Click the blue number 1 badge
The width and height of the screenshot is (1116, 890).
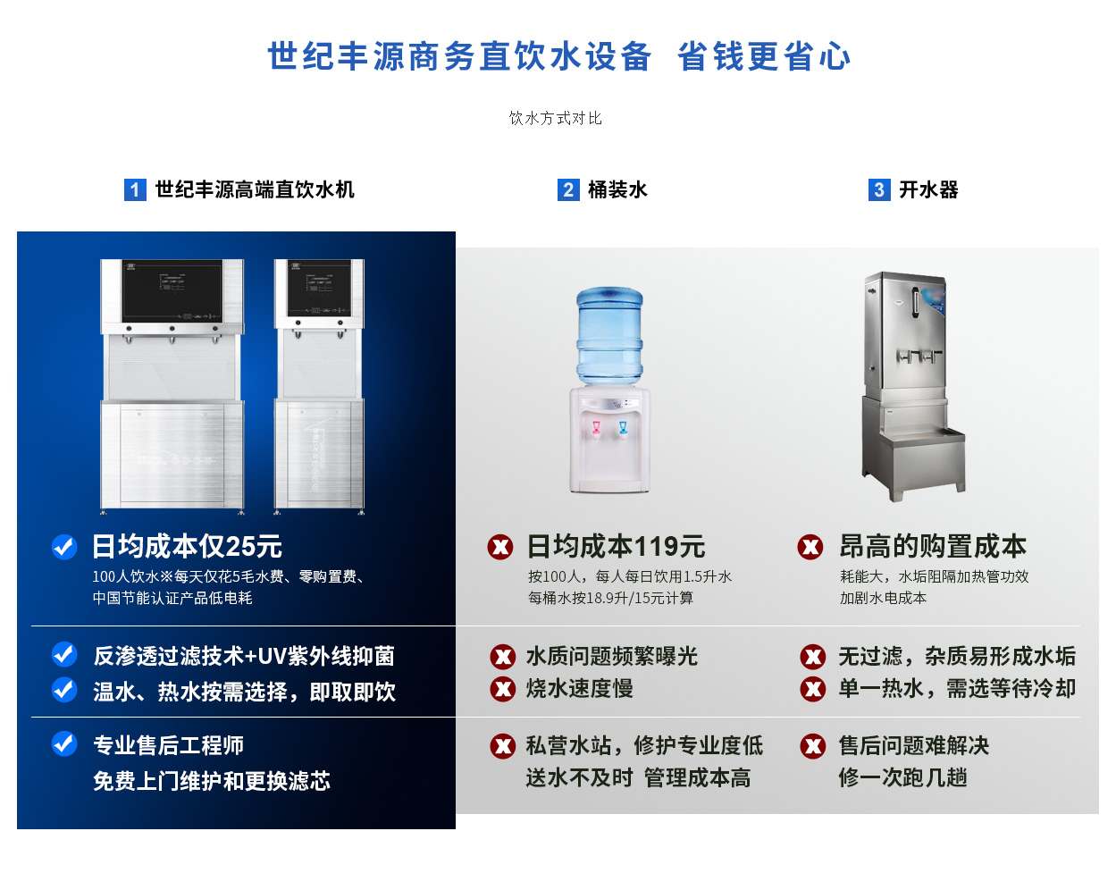click(x=135, y=189)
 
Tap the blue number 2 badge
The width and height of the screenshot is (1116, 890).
click(x=568, y=189)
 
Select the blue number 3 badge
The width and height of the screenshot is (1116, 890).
click(x=879, y=189)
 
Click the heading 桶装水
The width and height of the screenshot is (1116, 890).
click(x=617, y=189)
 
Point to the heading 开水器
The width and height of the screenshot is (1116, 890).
click(x=928, y=189)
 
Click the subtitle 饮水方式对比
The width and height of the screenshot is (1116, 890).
click(x=556, y=118)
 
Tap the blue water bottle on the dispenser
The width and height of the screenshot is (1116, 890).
click(x=610, y=336)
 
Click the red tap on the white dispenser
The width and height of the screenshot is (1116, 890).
click(x=596, y=430)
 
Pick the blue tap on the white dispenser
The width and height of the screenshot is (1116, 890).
click(x=622, y=430)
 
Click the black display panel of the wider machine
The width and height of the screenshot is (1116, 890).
click(x=172, y=291)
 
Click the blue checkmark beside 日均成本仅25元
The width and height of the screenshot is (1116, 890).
click(x=64, y=547)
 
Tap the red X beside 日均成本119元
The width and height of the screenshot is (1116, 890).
click(x=500, y=547)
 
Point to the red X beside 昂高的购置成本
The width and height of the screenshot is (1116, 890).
click(x=810, y=547)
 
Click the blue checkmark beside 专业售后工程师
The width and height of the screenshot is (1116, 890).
click(x=64, y=744)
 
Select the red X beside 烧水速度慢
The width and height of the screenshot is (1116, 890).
click(x=502, y=689)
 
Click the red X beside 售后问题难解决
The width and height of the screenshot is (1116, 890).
click(x=812, y=746)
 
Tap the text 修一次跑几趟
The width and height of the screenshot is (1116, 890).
click(x=902, y=778)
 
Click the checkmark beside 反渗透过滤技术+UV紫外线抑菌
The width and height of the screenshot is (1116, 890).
click(x=64, y=654)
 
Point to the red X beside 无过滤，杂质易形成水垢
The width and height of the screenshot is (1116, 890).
click(x=812, y=657)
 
